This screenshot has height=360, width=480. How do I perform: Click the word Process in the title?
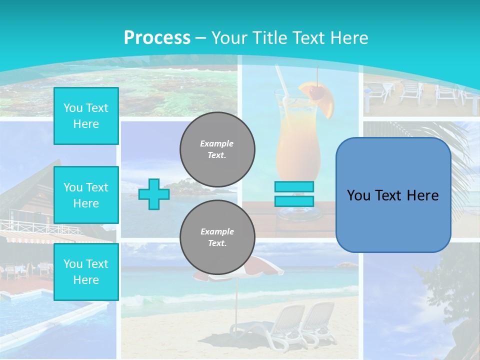(x=157, y=37)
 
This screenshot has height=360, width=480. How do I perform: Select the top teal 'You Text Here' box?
(x=86, y=116)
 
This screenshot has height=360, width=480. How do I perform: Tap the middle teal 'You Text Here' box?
(x=86, y=195)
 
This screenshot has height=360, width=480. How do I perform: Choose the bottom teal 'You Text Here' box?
(x=86, y=271)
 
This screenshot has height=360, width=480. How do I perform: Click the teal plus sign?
(x=153, y=194)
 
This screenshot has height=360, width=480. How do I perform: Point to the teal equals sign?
(x=294, y=194)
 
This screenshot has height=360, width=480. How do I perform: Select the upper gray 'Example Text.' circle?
(x=217, y=149)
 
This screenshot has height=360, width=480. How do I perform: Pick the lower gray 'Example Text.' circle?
(x=217, y=237)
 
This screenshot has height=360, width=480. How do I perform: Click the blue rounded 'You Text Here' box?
(x=393, y=195)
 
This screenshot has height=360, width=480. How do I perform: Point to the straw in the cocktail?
(x=281, y=80)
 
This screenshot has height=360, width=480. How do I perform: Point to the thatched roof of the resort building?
(x=30, y=192)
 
